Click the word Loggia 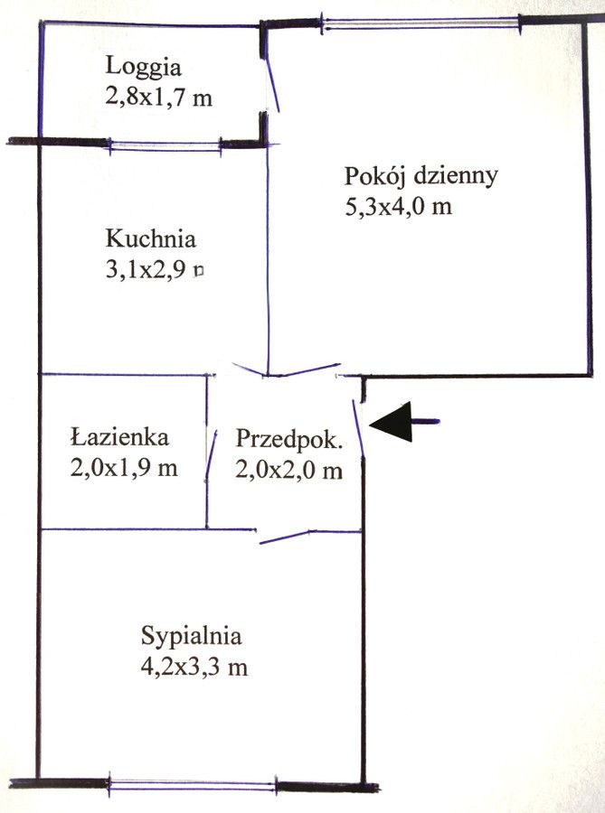(x=144, y=66)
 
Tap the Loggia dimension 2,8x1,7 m (x=159, y=96)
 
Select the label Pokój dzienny (x=421, y=175)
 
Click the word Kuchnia (x=150, y=239)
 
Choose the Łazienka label (x=119, y=438)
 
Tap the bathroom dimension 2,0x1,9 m (x=123, y=468)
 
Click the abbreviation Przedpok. (x=289, y=440)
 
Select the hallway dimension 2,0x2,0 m (x=289, y=470)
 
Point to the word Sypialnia (x=191, y=635)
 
